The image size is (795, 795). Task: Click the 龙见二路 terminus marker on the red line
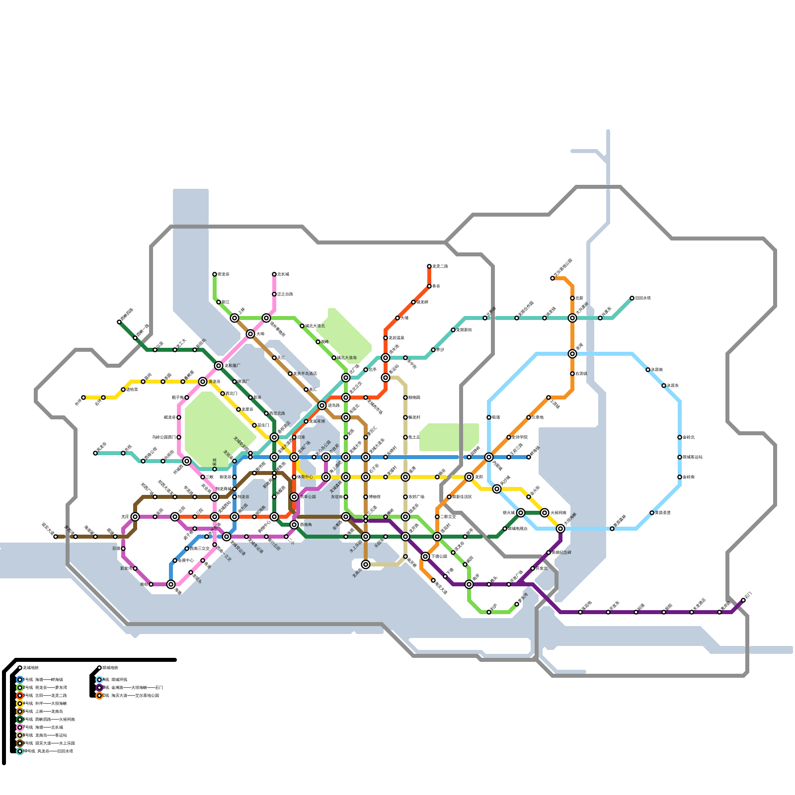click(x=429, y=266)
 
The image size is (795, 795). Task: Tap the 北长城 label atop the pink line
click(x=283, y=274)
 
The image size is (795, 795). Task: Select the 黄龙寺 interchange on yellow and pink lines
click(x=203, y=382)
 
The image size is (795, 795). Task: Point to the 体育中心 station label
click(x=305, y=477)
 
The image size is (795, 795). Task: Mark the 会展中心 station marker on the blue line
click(x=175, y=560)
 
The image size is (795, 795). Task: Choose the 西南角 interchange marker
click(x=294, y=525)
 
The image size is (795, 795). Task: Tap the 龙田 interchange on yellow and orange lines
click(x=469, y=477)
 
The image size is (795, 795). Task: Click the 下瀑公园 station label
click(x=439, y=556)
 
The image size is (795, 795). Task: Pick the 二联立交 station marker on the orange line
click(x=437, y=517)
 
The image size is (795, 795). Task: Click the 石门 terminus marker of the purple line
click(x=743, y=600)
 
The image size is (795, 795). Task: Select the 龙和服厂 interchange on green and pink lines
click(x=219, y=366)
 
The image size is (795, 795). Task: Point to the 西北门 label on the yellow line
click(x=232, y=394)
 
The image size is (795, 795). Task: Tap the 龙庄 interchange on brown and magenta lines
click(x=135, y=517)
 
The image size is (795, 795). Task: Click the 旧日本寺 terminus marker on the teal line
click(x=632, y=298)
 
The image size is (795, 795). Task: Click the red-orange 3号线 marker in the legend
click(x=20, y=696)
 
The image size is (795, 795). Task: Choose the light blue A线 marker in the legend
click(x=99, y=680)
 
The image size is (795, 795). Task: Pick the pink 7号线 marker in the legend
click(x=20, y=727)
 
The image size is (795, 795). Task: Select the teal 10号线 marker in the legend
click(x=20, y=751)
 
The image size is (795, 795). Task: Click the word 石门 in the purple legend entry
click(x=159, y=688)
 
